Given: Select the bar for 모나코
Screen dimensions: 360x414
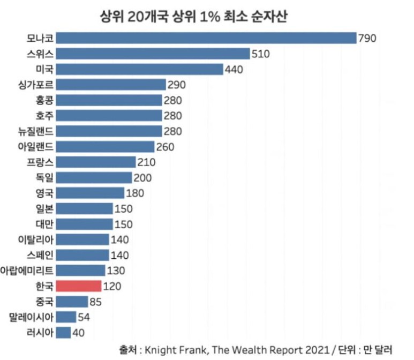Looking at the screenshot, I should pyautogui.click(x=206, y=38).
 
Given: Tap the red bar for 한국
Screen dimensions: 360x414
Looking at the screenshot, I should pyautogui.click(x=78, y=286).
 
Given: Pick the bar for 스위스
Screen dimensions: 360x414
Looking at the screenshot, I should pyautogui.click(x=153, y=54).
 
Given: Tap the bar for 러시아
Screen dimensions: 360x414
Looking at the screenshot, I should pyautogui.click(x=63, y=333).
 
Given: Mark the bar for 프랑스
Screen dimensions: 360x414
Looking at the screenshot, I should pyautogui.click(x=96, y=162).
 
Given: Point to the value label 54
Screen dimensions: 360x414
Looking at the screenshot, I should pyautogui.click(x=85, y=317).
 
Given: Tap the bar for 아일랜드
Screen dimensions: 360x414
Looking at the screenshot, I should pyautogui.click(x=105, y=147).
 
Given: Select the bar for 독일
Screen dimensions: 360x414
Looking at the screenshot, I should pyautogui.click(x=94, y=178).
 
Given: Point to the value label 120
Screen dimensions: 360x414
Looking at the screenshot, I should pyautogui.click(x=112, y=286).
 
